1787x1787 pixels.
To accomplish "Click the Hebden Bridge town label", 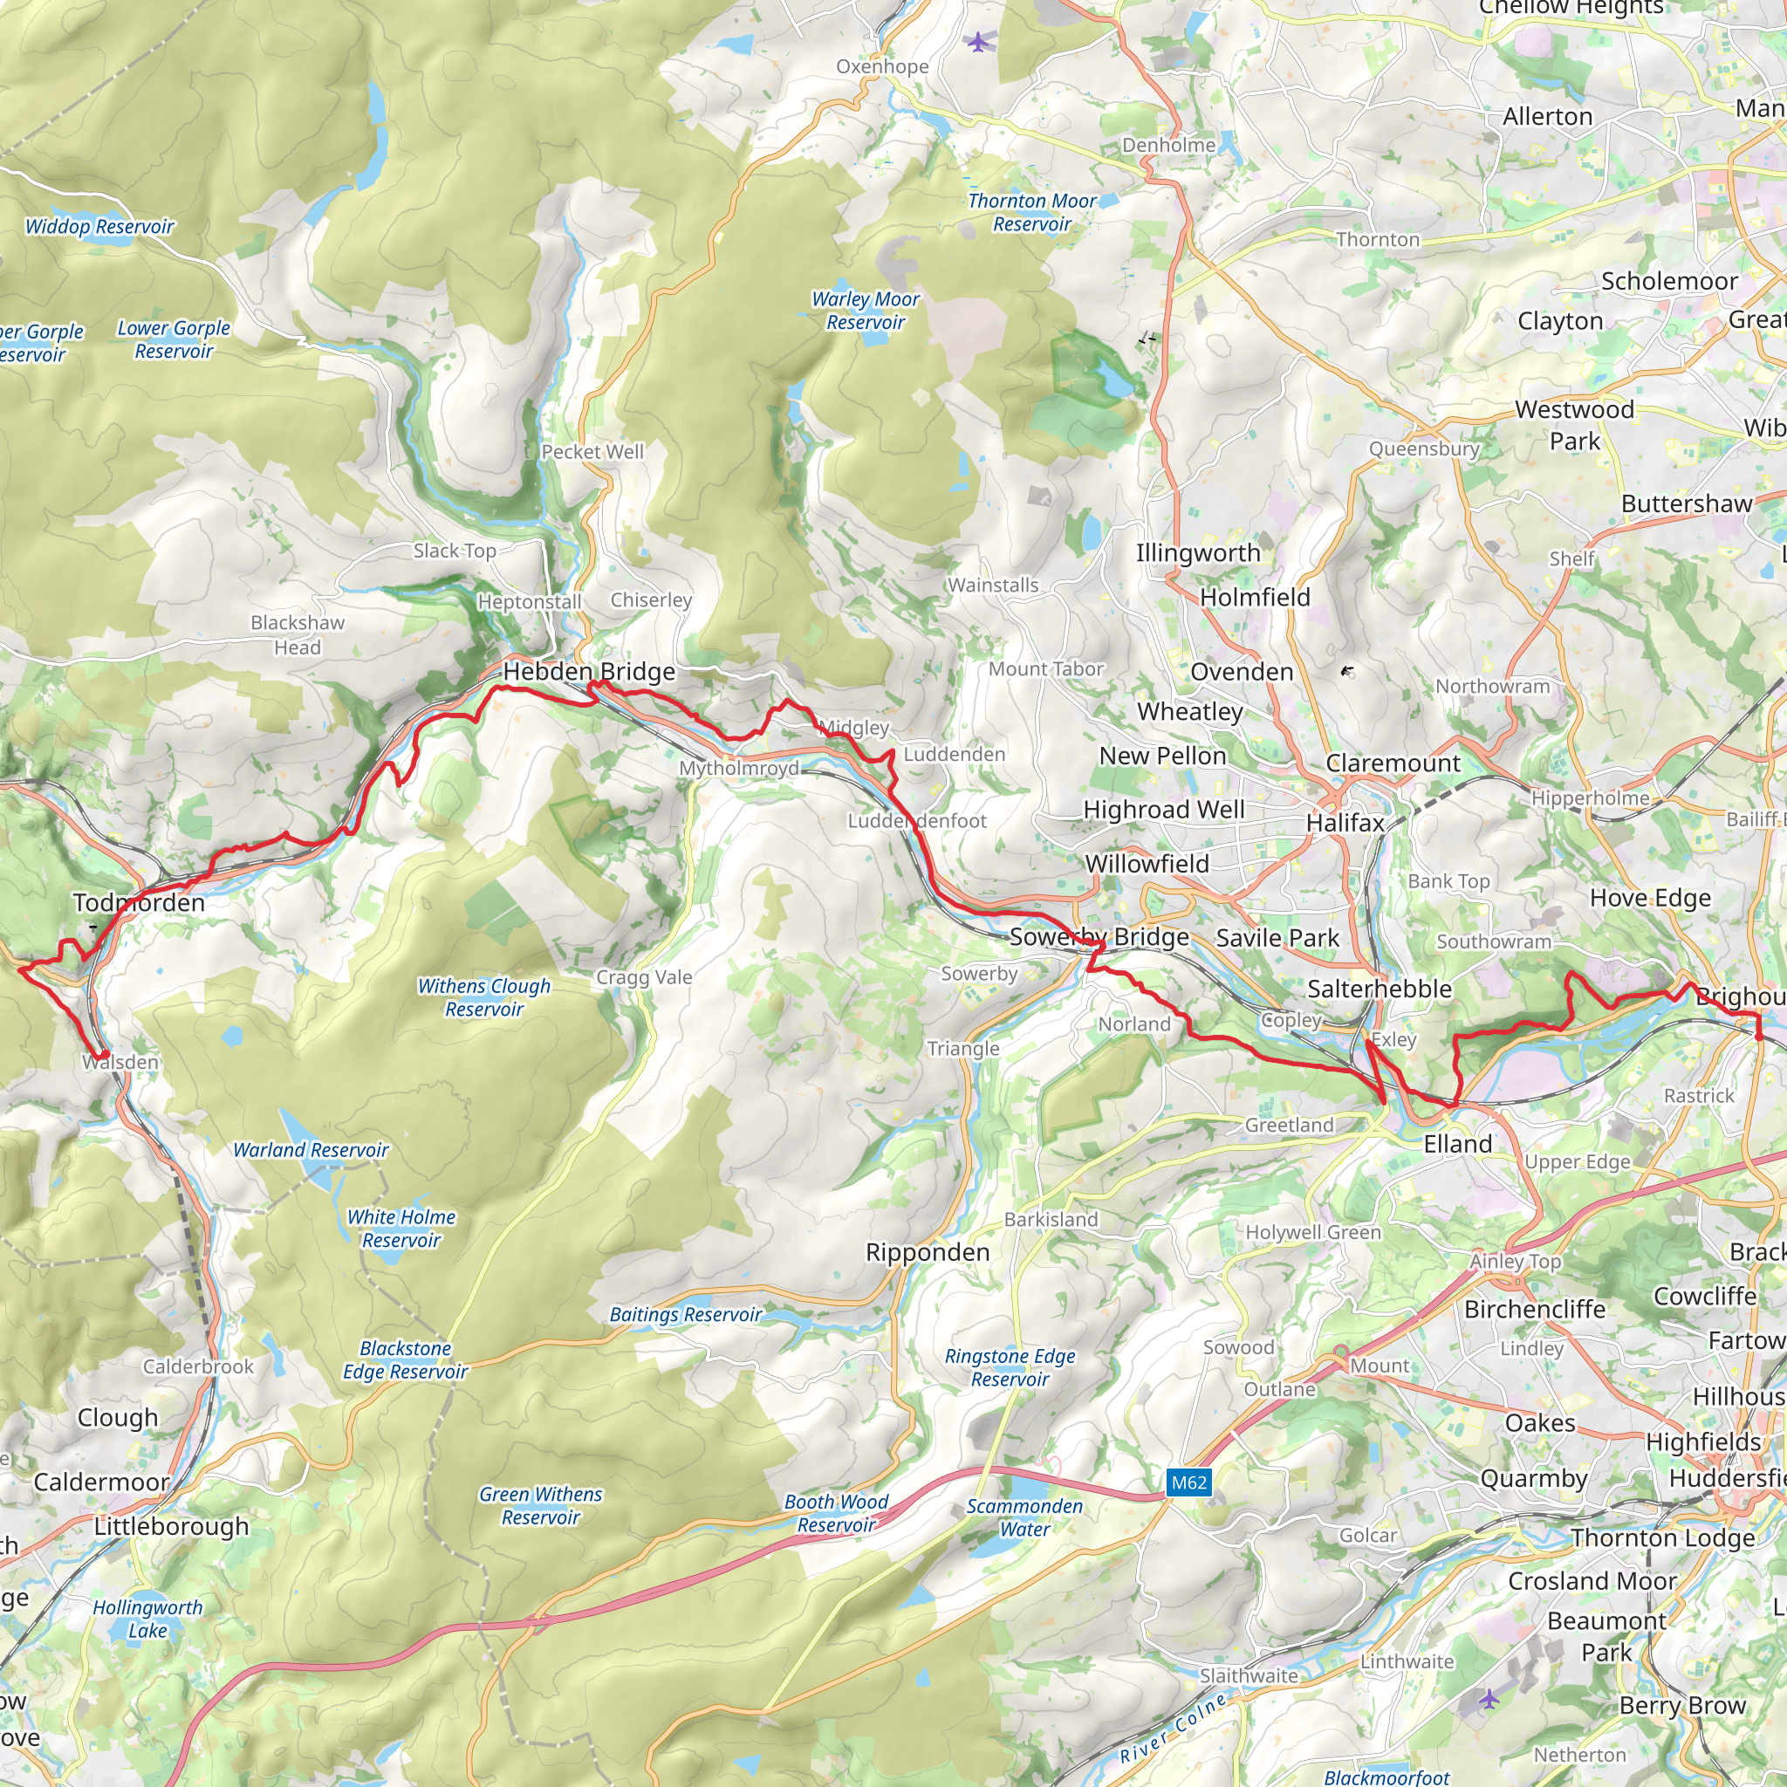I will (x=588, y=672).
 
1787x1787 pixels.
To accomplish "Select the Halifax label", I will (x=1345, y=822).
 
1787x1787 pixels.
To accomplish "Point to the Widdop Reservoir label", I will (x=99, y=227).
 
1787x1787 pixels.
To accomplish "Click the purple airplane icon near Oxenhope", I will (x=977, y=42).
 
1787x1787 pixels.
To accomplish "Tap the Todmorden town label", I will (x=139, y=903).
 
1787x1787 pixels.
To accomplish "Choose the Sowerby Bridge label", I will (x=1099, y=937).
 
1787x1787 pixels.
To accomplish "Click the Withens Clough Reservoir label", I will (x=483, y=997).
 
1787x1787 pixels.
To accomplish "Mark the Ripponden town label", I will (x=928, y=1252).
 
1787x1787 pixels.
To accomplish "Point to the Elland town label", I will (x=1458, y=1144).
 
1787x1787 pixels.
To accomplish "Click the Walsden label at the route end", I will (x=121, y=1062).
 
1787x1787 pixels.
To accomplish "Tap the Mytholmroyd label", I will (x=739, y=769).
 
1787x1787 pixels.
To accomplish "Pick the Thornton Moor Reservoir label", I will (x=1031, y=213).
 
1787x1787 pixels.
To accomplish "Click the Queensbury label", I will (x=1424, y=448).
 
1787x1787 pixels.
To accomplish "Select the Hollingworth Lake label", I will (x=147, y=1619).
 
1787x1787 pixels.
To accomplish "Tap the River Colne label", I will (x=1173, y=1728).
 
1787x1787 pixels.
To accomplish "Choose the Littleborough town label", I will (x=171, y=1526).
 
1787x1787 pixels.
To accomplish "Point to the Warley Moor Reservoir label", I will (x=865, y=311).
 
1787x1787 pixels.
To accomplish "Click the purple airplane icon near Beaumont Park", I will (x=1489, y=1698).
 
